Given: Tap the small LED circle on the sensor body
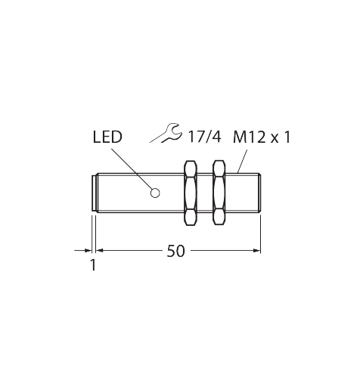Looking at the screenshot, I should [155, 192].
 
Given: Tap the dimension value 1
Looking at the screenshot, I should [93, 265].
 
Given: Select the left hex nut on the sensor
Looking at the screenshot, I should [190, 193].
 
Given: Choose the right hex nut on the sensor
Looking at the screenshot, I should [219, 193].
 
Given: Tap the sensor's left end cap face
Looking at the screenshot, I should [94, 193].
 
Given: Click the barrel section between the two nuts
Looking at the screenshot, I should [205, 193].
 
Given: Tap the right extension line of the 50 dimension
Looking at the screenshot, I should [261, 230].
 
